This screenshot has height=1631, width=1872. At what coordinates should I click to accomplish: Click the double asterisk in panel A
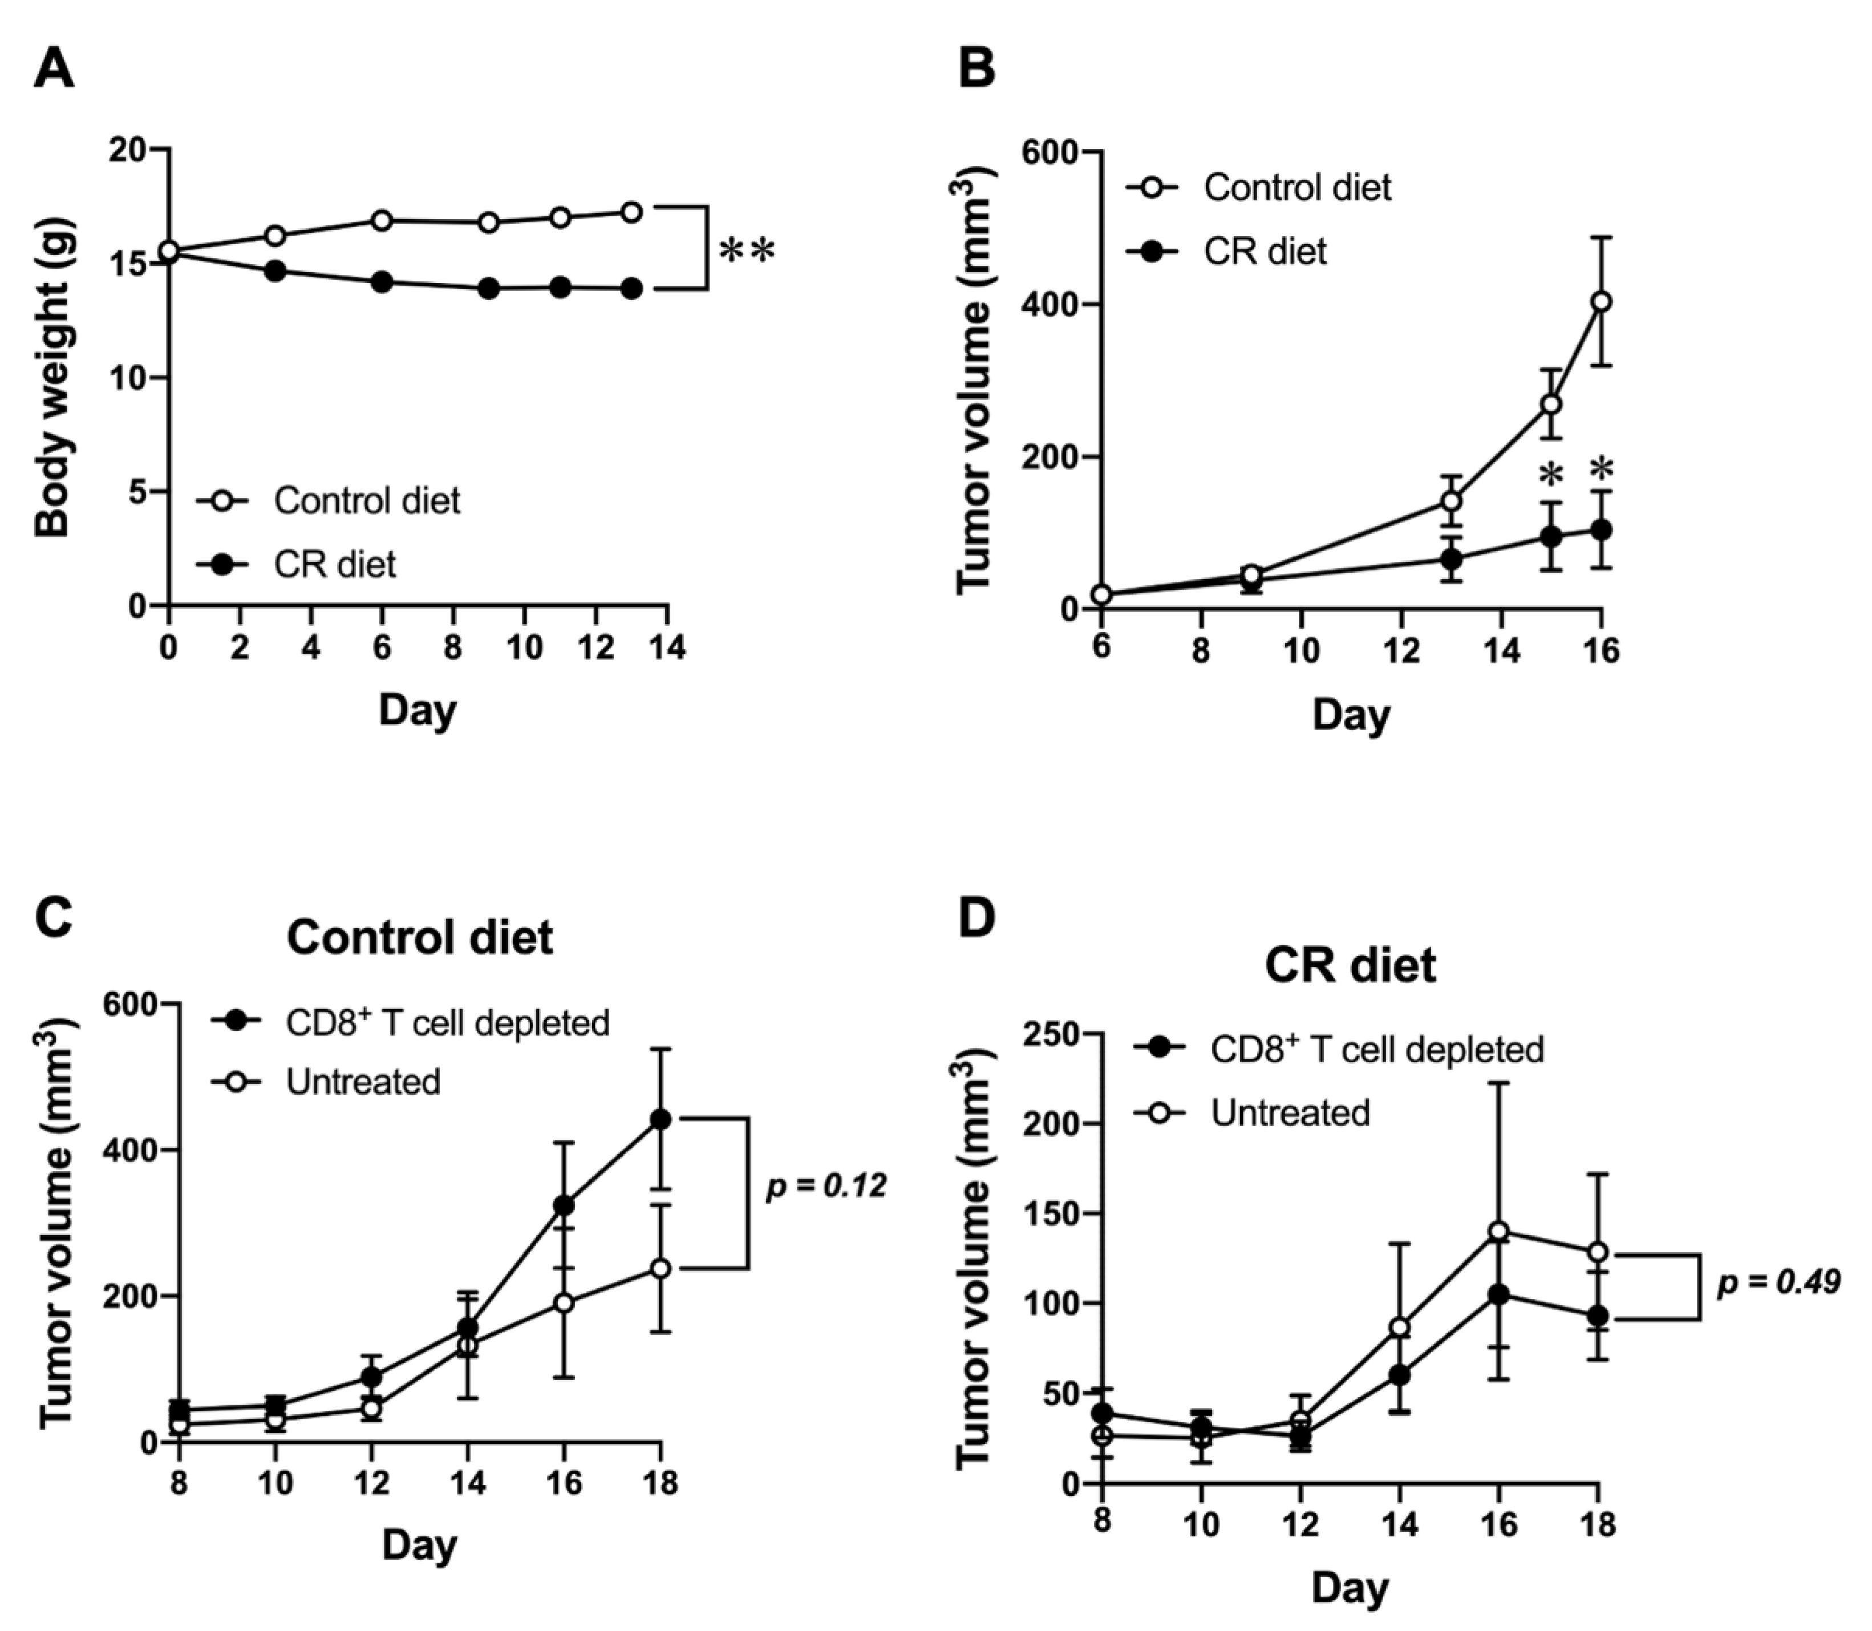pos(746,251)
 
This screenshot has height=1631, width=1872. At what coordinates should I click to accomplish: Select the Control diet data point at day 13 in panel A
pos(631,212)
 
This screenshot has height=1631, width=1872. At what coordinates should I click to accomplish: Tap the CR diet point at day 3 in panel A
pos(275,271)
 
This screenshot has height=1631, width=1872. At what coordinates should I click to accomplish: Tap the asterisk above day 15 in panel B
pos(1551,476)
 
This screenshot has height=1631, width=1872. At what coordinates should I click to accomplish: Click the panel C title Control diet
pos(420,937)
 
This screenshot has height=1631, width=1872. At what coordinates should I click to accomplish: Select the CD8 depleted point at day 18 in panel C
pos(660,1119)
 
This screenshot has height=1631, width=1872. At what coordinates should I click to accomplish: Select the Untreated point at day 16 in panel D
pos(1500,1232)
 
